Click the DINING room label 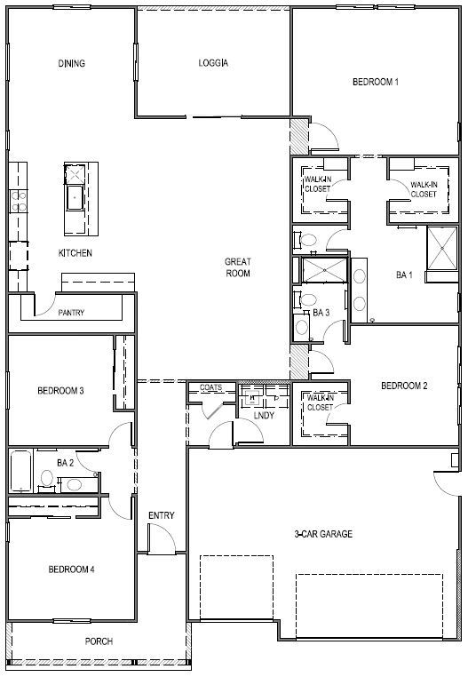tap(72, 63)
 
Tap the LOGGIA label tap(213, 63)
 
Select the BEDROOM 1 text tap(376, 82)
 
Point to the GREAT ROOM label tap(238, 267)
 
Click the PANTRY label tap(71, 312)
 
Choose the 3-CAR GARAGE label tap(323, 534)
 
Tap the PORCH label tap(99, 641)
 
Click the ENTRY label tap(162, 515)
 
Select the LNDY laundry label tap(264, 416)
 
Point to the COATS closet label tap(210, 387)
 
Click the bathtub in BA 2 tap(20, 471)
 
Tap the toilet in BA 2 tap(47, 479)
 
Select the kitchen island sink tap(75, 197)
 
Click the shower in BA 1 tap(441, 248)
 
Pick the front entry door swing tap(162, 538)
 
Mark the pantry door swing tap(45, 304)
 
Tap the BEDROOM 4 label tap(71, 569)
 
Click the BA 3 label tap(321, 313)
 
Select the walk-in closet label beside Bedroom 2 tap(320, 402)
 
